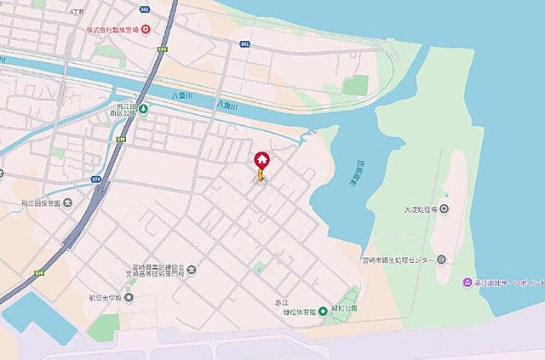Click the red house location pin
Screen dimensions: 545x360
point(261,159)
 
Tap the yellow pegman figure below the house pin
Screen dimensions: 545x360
point(261,175)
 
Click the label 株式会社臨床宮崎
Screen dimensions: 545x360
point(112,31)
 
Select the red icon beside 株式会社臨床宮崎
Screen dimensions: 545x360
point(146,31)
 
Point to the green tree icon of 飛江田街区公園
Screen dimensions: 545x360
point(144,109)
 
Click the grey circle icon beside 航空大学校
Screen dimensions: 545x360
point(129,297)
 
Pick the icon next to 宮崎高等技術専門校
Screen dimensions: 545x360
point(191,271)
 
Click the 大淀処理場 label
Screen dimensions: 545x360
point(421,209)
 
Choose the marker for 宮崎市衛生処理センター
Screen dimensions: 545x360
point(441,260)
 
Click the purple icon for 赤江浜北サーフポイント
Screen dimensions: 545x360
point(466,283)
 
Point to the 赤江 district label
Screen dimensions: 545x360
point(293,300)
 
